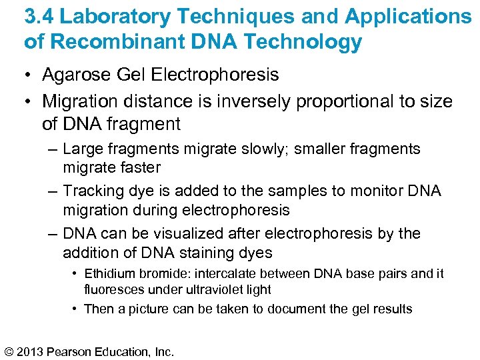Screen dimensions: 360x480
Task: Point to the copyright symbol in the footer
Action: tap(10, 351)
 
